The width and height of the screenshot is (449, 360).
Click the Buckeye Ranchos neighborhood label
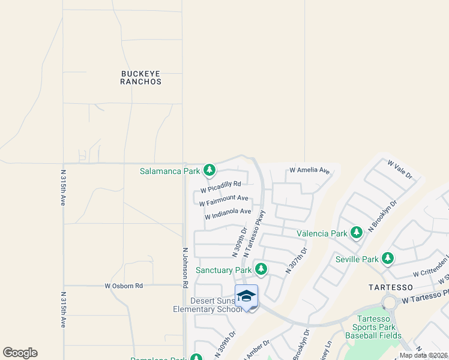click(x=141, y=77)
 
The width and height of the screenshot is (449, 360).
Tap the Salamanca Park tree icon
click(x=209, y=171)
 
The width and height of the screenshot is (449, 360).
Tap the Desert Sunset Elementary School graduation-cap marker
click(x=246, y=297)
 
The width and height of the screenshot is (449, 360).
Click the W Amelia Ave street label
click(x=310, y=171)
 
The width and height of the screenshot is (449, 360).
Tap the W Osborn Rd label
click(x=124, y=286)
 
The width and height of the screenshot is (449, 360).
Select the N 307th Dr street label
click(x=297, y=260)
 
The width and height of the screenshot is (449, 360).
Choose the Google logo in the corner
click(x=20, y=353)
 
